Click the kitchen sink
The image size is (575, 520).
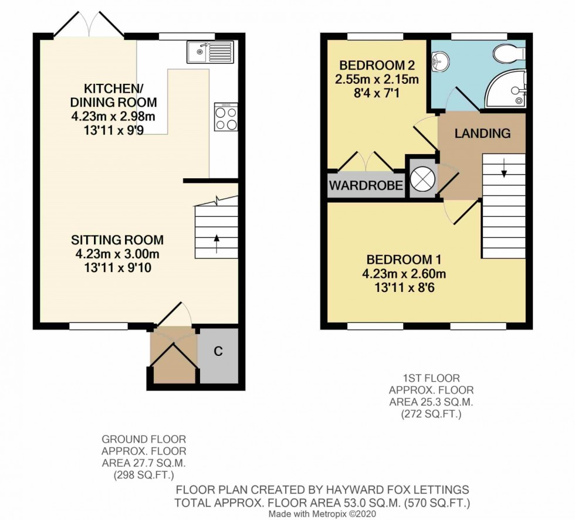(210, 52)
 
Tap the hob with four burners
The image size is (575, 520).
(225, 117)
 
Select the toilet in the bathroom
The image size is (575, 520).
(508, 55)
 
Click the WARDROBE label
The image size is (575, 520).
(366, 186)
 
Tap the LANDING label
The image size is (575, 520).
(482, 133)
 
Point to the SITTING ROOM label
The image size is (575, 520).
(117, 240)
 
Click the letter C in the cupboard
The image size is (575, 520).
(218, 352)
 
